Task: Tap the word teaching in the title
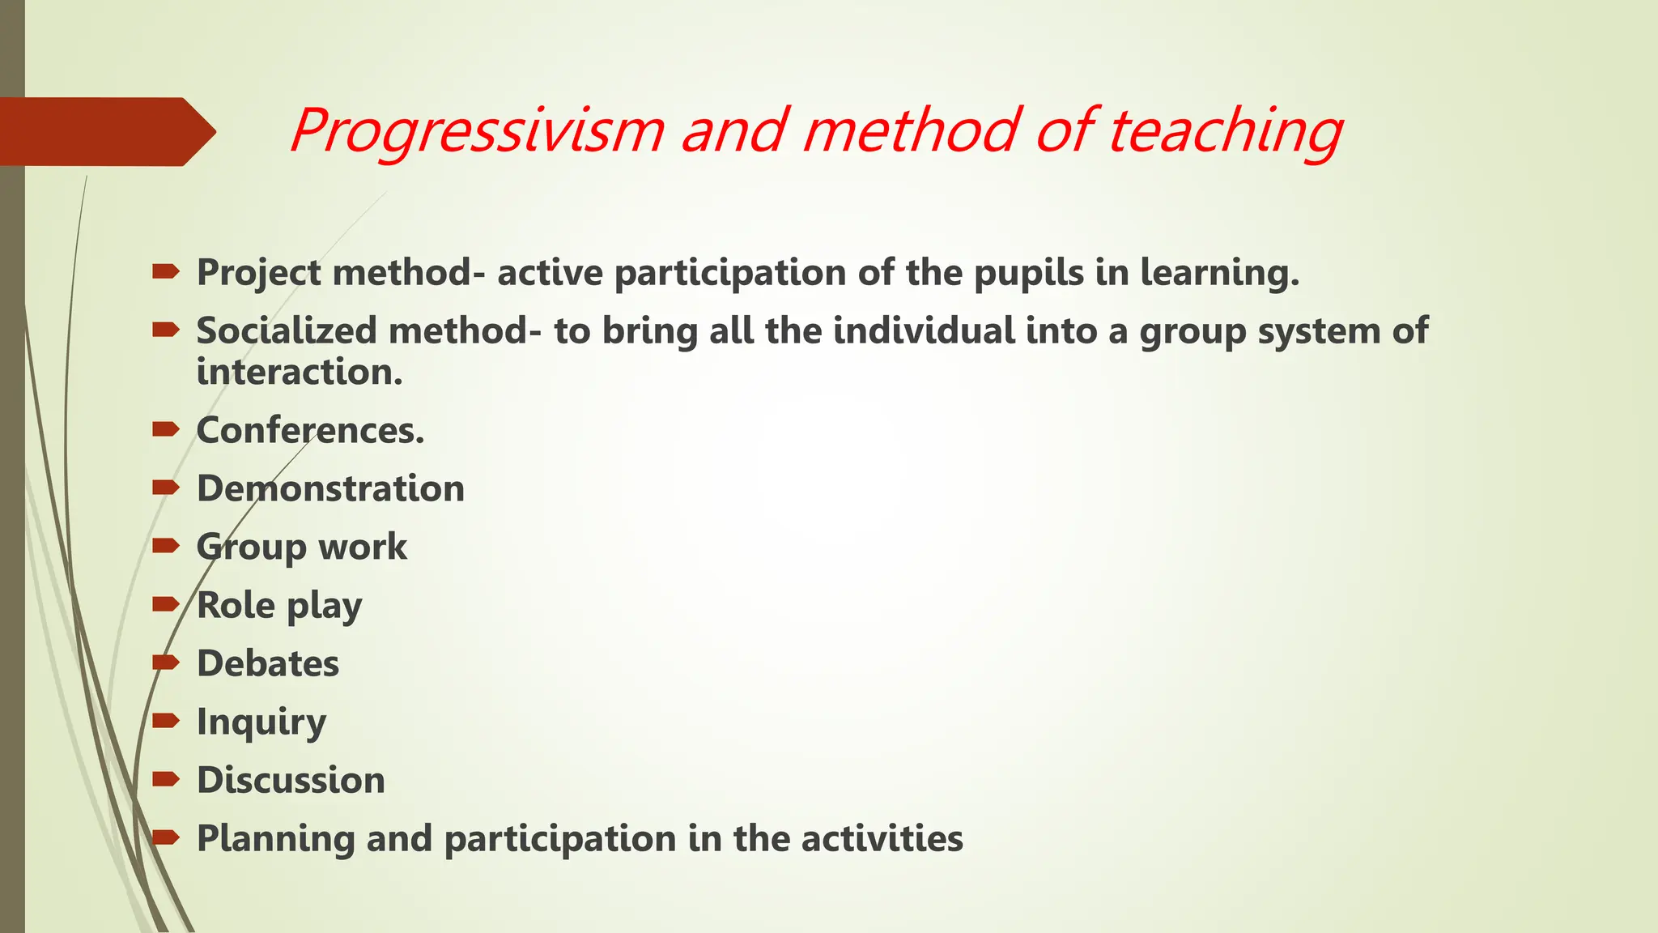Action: pyautogui.click(x=1224, y=131)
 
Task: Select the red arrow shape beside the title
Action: pyautogui.click(x=105, y=131)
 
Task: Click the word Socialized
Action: pyautogui.click(x=287, y=331)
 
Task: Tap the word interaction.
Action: pyautogui.click(x=300, y=373)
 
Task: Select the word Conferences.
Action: pyautogui.click(x=310, y=431)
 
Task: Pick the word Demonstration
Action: pyautogui.click(x=330, y=489)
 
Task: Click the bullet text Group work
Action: pyautogui.click(x=301, y=547)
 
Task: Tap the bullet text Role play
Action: pyautogui.click(x=279, y=606)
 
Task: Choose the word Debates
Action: pyautogui.click(x=268, y=664)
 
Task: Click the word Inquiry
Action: pyautogui.click(x=261, y=722)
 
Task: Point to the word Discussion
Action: pyautogui.click(x=291, y=781)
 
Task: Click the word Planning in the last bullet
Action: pyautogui.click(x=275, y=839)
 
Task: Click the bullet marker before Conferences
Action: pyautogui.click(x=165, y=429)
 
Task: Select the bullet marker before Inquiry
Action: pyautogui.click(x=165, y=721)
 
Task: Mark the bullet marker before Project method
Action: pyautogui.click(x=165, y=272)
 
